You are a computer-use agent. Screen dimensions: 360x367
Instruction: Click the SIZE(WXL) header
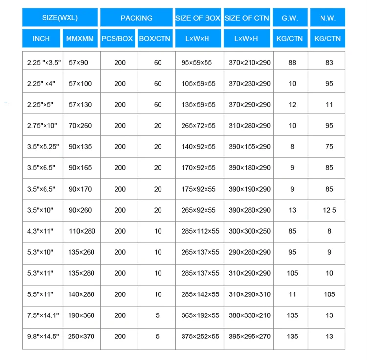pos(61,18)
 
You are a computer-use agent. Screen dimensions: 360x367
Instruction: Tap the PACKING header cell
pos(137,18)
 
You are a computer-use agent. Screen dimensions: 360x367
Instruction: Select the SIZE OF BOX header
pos(198,18)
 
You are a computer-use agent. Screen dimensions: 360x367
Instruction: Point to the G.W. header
pos(290,18)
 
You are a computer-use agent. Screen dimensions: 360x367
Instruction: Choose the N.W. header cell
pos(327,18)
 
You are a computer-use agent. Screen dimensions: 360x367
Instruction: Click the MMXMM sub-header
pos(80,38)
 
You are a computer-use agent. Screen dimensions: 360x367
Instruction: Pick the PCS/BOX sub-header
pos(117,38)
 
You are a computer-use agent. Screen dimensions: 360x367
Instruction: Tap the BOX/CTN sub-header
pos(155,38)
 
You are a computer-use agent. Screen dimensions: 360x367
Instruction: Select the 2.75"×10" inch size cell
pos(42,126)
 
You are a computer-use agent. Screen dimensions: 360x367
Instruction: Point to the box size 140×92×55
pos(198,147)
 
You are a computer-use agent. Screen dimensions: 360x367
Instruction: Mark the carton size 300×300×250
pos(250,231)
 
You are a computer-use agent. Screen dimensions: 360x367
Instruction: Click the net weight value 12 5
pos(329,210)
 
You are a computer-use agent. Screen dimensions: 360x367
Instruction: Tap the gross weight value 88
pos(292,63)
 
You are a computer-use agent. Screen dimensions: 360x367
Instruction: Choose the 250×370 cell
pos(81,337)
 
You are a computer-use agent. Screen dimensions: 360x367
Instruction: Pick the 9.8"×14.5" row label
pos(43,337)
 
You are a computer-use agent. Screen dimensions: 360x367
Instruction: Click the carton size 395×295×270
pos(250,337)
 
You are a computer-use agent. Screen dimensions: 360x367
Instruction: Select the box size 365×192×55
pos(198,315)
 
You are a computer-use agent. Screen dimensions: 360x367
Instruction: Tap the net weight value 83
pos(329,63)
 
